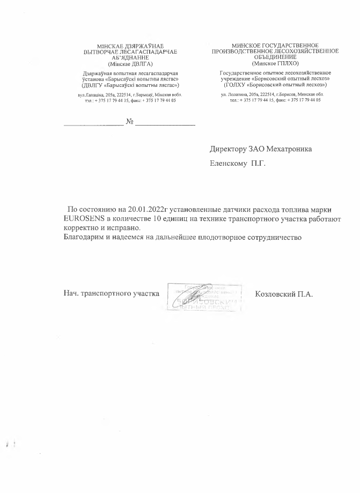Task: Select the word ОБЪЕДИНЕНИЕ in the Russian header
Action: [275, 56]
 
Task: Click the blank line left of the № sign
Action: [93, 124]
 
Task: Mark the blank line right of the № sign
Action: [165, 124]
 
